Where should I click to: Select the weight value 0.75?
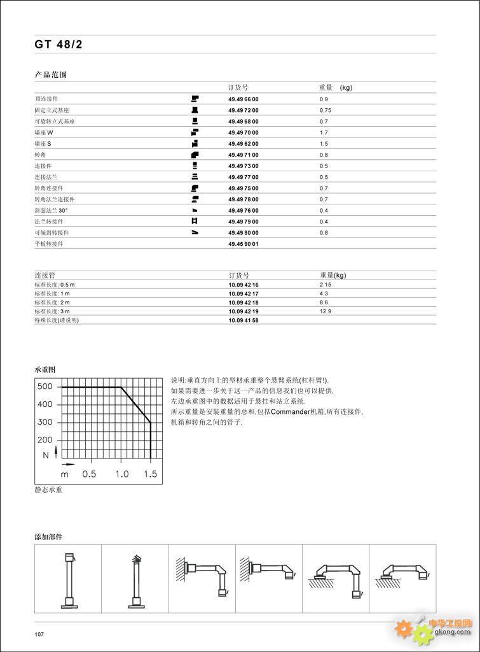[x=326, y=110]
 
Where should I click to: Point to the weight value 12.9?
[x=326, y=311]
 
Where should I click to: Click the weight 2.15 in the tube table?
[x=326, y=285]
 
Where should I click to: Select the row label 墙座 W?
[x=44, y=132]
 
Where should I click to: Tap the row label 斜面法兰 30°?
[x=51, y=210]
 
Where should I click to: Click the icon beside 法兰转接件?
[x=195, y=221]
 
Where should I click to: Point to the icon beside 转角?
[x=195, y=155]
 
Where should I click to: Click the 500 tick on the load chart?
[x=45, y=386]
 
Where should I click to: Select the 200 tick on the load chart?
[x=45, y=440]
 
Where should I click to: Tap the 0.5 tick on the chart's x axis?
[x=89, y=474]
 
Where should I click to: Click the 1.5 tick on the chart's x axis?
[x=150, y=474]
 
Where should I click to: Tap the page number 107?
[x=39, y=634]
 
